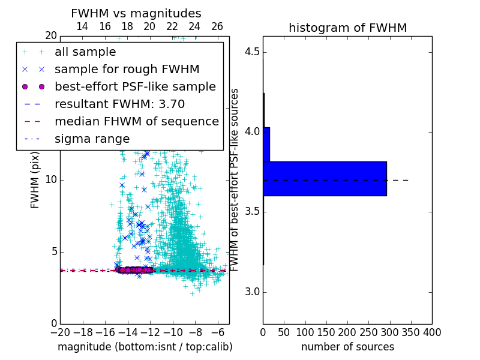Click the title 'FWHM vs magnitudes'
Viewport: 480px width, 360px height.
point(136,14)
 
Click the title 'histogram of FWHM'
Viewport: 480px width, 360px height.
point(347,28)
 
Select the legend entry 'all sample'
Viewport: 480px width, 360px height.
point(85,52)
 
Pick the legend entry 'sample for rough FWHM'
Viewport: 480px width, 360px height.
point(127,69)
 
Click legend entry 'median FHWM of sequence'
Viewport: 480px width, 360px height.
point(136,121)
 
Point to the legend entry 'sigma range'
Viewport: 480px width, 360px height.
point(92,139)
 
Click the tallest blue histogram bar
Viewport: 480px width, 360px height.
point(325,178)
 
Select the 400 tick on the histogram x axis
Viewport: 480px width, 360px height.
point(432,332)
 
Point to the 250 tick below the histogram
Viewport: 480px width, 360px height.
point(368,332)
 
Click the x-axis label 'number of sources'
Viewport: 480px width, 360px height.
point(347,347)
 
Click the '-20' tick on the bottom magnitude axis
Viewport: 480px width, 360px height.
point(60,332)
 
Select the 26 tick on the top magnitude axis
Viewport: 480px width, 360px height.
point(217,26)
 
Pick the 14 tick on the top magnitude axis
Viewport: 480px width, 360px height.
point(82,26)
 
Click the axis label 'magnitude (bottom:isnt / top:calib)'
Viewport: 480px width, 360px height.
point(145,347)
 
